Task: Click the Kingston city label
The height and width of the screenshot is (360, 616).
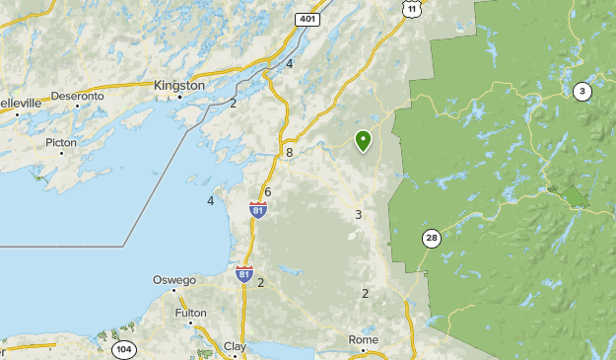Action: [178, 86]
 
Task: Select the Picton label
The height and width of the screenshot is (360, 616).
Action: [60, 142]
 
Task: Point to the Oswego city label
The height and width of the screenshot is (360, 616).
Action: [173, 280]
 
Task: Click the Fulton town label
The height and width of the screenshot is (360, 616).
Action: [190, 313]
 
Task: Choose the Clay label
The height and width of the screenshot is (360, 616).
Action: [235, 346]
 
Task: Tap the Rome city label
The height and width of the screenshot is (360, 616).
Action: [363, 339]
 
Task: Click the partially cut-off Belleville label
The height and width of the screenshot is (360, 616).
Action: [20, 102]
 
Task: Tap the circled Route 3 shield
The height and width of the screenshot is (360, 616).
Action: [582, 92]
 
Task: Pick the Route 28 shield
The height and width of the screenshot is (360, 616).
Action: [431, 238]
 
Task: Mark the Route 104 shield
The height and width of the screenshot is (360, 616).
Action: [123, 349]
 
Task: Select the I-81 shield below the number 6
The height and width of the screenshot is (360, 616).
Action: [258, 209]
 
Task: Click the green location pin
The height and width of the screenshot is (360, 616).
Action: [363, 141]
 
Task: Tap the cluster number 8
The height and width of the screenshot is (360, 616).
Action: [289, 153]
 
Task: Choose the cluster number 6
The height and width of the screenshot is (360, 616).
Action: [267, 191]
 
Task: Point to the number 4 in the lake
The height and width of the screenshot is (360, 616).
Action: [210, 201]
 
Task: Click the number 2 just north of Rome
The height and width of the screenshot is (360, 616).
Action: [365, 294]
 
